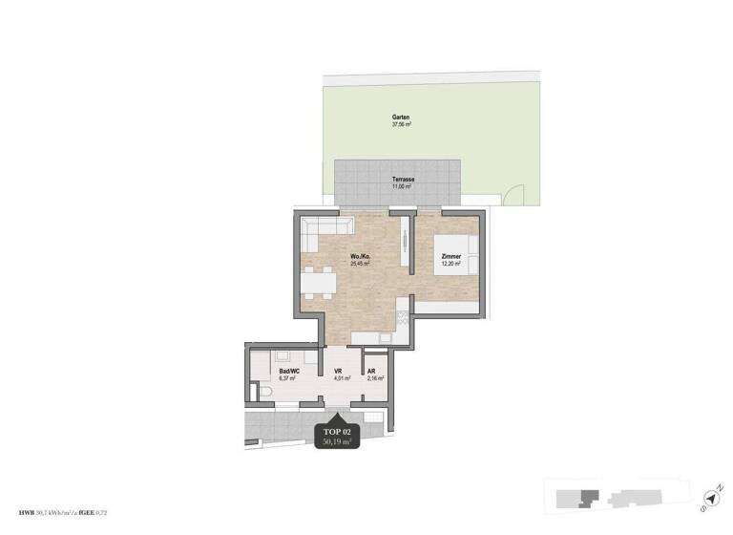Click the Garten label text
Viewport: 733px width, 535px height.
click(x=401, y=118)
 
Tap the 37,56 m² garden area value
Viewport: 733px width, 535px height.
click(x=401, y=125)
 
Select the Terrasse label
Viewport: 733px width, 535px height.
click(x=402, y=180)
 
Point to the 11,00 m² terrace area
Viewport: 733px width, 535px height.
click(x=402, y=187)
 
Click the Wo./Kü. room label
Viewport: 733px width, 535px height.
click(x=361, y=257)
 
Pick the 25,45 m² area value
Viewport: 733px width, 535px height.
click(x=361, y=265)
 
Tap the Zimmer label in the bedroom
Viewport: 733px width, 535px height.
click(x=451, y=257)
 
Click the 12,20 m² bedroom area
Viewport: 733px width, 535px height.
click(x=451, y=265)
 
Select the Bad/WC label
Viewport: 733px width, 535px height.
click(x=287, y=371)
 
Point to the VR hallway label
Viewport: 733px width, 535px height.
click(x=338, y=371)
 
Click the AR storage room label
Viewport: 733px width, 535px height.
click(x=372, y=371)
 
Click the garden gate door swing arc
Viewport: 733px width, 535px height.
click(x=515, y=196)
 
